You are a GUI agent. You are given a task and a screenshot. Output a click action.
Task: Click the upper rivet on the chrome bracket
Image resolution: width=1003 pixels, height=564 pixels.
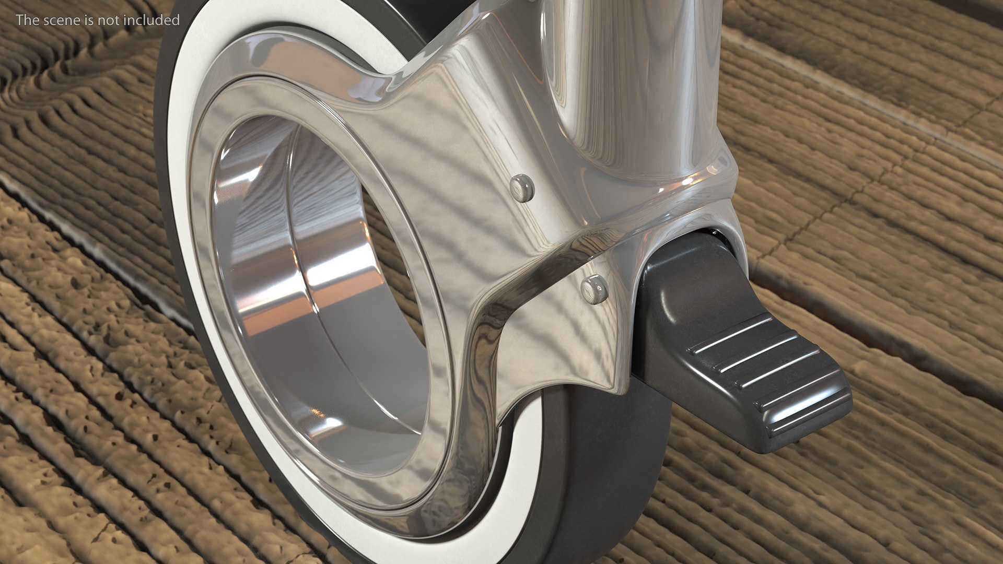pyautogui.click(x=521, y=187)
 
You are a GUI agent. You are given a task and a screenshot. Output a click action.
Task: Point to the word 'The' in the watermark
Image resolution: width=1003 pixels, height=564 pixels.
pyautogui.click(x=26, y=20)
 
